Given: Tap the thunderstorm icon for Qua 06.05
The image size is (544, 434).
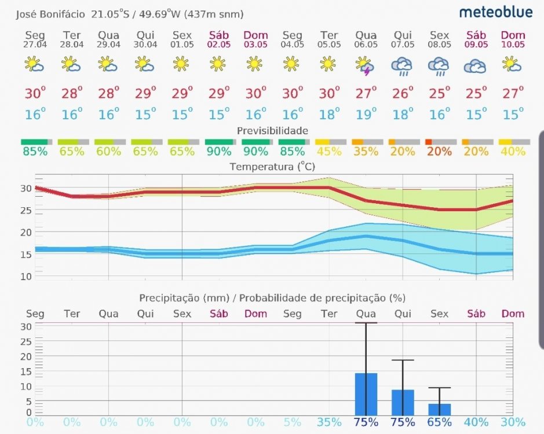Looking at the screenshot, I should tap(364, 65).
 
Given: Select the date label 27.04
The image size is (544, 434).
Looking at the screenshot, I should tap(34, 45).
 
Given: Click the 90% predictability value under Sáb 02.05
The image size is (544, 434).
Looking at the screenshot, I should tap(218, 152).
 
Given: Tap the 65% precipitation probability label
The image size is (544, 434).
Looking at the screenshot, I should tap(439, 422).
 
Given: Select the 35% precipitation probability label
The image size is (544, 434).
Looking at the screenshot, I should tap(329, 422).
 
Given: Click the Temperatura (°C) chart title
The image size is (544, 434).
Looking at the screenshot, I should tap(272, 167).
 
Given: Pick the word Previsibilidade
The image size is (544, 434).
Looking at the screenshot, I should tap(272, 131).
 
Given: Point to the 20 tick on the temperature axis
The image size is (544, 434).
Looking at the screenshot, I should tap(26, 232).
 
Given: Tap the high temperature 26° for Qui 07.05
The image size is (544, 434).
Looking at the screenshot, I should tap(403, 93).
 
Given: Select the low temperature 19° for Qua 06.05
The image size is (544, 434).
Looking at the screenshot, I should tap(366, 114).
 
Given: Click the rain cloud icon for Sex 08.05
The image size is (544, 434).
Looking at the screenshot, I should tap(439, 67).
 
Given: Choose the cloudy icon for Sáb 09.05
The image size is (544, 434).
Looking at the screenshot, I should tap(475, 67).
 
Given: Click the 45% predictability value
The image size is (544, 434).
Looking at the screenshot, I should tap(329, 152).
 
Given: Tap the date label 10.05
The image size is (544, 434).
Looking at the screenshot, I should tap(513, 45).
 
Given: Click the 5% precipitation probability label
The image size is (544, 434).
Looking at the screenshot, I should tap(293, 422).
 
